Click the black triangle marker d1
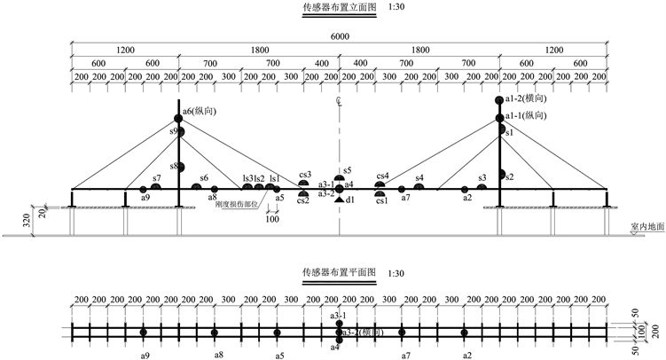(340, 200)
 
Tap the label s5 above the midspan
(348, 169)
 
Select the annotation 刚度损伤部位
(236, 204)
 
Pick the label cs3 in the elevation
(305, 175)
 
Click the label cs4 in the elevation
(383, 176)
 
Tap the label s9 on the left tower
(174, 131)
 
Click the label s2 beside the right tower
(510, 177)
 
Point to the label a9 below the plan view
(144, 355)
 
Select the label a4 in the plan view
(334, 348)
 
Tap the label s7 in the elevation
(156, 178)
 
